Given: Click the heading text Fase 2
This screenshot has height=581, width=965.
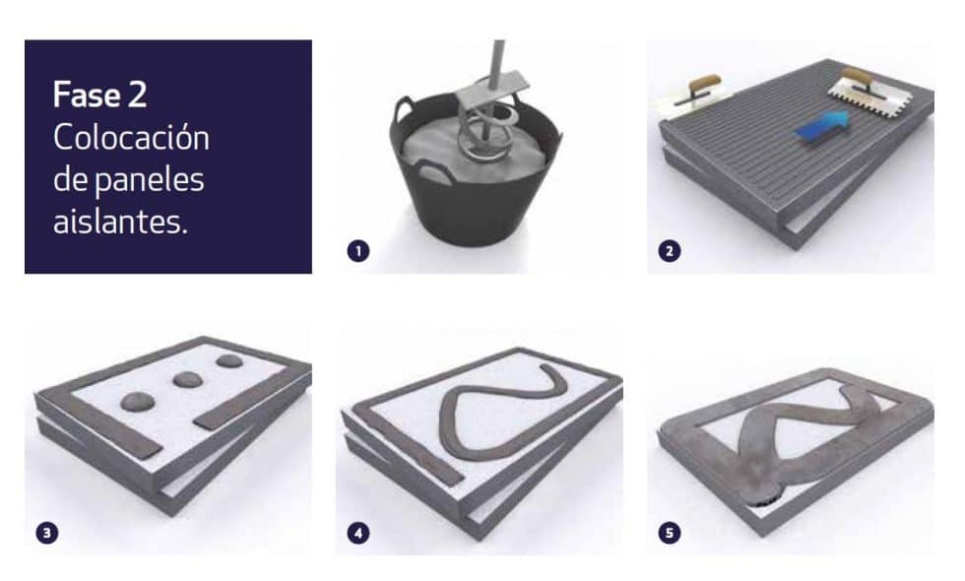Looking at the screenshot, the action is point(99,95).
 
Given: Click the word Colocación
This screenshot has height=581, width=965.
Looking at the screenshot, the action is point(131,137).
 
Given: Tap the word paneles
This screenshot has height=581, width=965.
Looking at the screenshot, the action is point(150,179).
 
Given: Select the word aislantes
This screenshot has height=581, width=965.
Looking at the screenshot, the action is point(120,221).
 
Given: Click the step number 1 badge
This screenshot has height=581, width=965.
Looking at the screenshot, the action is point(358,250).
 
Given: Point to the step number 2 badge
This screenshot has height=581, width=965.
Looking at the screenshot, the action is point(670,250).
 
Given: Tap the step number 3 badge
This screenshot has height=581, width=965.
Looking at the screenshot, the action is point(47,533).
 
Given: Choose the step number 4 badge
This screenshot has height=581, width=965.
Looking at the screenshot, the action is point(358,533).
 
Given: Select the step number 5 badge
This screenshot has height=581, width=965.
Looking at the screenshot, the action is point(670,533).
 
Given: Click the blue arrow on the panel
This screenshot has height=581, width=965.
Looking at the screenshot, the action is point(823,126).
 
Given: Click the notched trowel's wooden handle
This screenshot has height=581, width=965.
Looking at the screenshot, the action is point(858,78).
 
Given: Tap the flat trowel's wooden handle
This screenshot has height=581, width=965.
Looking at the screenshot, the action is point(705,83).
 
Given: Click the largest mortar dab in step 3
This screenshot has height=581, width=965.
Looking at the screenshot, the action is point(137,402).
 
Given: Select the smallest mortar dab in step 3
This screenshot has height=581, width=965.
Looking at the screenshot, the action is point(228,360).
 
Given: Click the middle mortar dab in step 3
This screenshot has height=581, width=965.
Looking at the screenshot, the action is point(188,379).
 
